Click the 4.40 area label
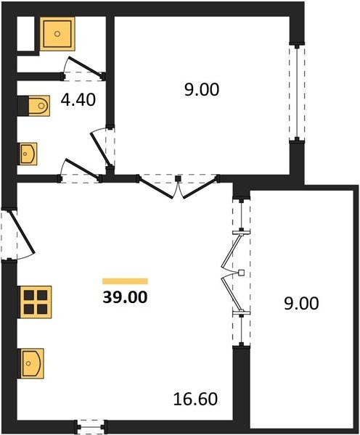[78, 100]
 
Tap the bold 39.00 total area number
[125, 297]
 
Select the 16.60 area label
[195, 399]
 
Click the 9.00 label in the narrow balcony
[301, 303]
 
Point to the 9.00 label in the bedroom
[202, 90]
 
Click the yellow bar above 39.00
[125, 281]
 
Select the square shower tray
[57, 34]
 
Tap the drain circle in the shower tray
[57, 34]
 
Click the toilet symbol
[39, 106]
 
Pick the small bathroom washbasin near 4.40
[28, 154]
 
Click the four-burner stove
[36, 302]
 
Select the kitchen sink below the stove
[31, 363]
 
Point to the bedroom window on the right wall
[297, 93]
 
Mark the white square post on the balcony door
[242, 273]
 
